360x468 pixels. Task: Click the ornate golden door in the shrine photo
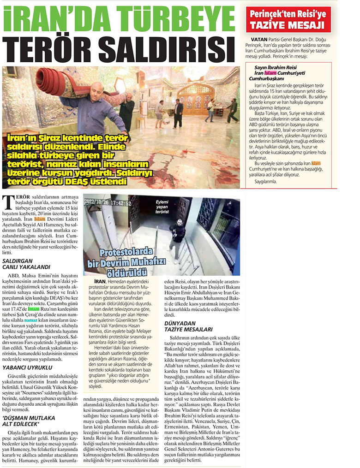click(196, 99)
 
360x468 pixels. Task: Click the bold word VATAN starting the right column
click(256, 40)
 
